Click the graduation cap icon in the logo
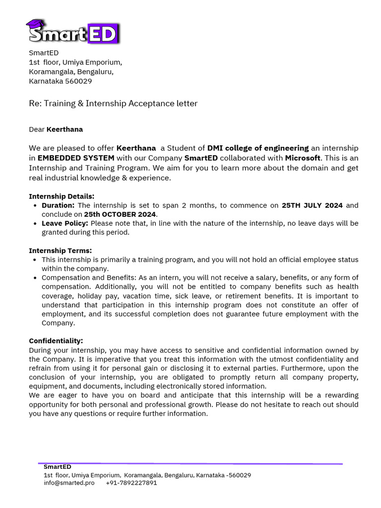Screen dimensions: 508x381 point(35,24)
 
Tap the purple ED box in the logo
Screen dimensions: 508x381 point(103,33)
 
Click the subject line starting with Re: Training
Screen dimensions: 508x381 point(113,103)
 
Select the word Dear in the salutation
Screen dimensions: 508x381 point(37,129)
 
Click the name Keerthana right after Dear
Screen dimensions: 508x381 point(64,129)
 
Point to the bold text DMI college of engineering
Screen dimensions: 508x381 point(257,148)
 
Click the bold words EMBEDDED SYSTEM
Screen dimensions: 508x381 point(76,158)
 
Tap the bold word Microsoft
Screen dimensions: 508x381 point(302,158)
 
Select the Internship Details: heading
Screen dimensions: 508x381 point(62,196)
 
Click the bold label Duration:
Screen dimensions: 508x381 point(58,205)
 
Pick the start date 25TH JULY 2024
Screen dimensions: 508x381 point(312,205)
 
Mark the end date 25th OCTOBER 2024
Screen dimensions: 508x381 point(120,214)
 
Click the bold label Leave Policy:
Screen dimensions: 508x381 point(65,223)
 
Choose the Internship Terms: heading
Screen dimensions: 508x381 point(61,251)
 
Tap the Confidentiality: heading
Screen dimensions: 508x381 point(56,341)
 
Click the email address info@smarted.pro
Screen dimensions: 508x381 point(69,483)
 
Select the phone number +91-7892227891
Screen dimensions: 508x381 point(131,483)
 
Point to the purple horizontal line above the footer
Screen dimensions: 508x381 point(190,464)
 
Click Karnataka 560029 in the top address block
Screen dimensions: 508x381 point(60,81)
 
